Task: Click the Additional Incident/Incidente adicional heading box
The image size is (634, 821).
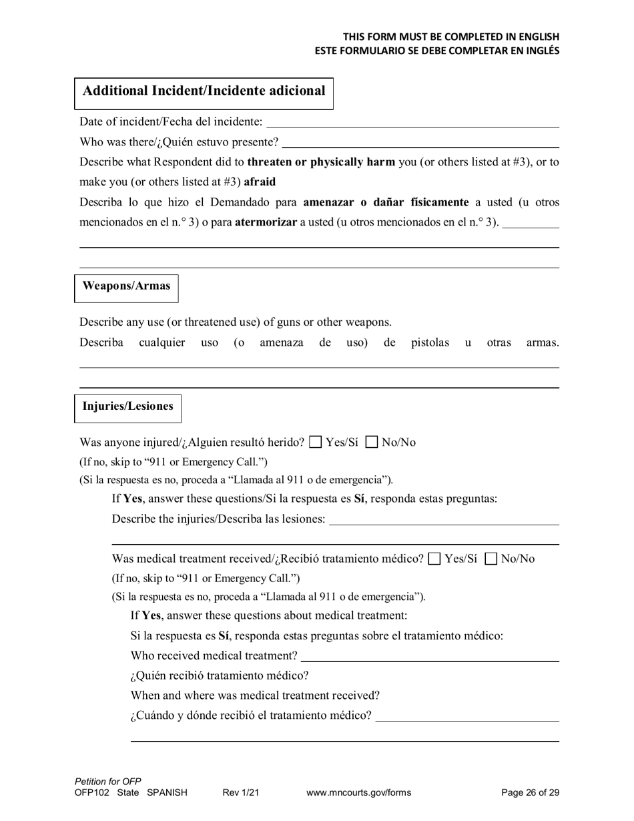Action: pos(204,91)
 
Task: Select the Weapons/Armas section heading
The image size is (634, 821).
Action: pos(126,286)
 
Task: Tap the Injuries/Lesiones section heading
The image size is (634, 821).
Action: pos(127,406)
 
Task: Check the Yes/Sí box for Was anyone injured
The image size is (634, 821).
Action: pos(316,442)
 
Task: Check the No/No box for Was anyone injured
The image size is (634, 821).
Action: pos(372,442)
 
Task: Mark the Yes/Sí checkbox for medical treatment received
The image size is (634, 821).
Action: pos(434,559)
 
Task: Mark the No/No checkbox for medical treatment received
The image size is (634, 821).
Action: pos(491,559)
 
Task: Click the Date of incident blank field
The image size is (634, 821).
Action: pos(412,122)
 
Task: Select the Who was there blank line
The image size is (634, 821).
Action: pos(420,142)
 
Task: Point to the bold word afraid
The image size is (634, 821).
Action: pos(260,182)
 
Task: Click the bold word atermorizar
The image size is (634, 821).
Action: pos(266,222)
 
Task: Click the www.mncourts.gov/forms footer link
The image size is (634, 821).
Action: pos(358,793)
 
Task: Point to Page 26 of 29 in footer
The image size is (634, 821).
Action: pos(530,793)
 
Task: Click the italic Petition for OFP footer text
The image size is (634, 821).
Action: pos(108,782)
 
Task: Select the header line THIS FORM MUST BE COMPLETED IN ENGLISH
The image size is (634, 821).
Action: pos(451,37)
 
